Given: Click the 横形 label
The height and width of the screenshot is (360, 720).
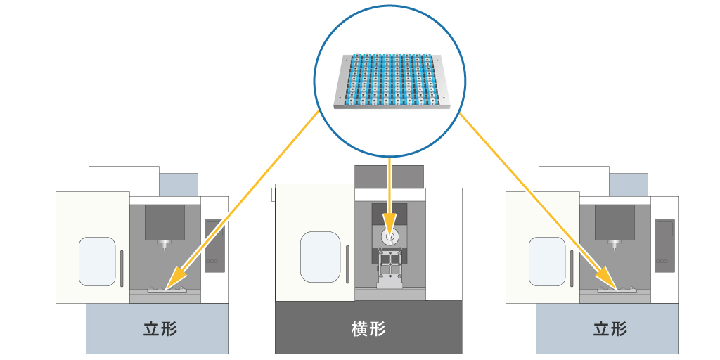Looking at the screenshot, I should coord(368,328).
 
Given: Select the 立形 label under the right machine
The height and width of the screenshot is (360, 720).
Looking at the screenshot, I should coord(610,328).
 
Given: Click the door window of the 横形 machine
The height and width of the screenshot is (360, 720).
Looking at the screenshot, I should coord(320,257).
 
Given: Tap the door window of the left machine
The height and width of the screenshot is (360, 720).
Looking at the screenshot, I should coord(97,261).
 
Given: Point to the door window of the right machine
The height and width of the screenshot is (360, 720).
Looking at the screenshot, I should coord(547,261).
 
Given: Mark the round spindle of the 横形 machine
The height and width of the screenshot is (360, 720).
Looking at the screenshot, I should coord(390,237).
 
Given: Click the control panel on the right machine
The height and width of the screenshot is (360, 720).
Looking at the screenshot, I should coord(663,245).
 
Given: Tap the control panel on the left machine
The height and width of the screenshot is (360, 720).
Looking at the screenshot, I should coord(213,245).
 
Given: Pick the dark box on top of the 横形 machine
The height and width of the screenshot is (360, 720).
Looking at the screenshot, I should coord(389,176).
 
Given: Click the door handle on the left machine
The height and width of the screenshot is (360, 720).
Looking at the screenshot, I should coord(122,268).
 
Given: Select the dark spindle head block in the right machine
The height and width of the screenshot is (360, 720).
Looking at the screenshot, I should coord(615,222).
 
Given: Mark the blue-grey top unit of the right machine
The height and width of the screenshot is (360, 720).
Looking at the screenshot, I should coord(628,184).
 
